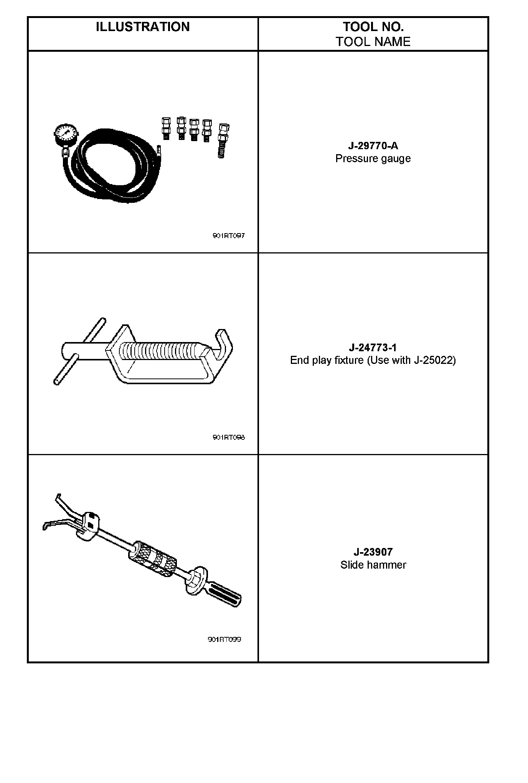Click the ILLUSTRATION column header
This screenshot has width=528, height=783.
tap(143, 27)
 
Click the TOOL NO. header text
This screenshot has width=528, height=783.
tap(373, 27)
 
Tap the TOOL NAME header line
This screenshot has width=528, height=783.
tap(373, 41)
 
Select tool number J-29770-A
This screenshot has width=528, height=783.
tap(373, 146)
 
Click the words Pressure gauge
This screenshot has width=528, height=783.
tap(373, 159)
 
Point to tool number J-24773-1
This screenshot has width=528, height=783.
tap(373, 347)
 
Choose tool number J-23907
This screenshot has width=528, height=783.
tap(373, 552)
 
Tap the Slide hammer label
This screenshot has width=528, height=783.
tap(373, 565)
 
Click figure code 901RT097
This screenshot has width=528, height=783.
tap(229, 235)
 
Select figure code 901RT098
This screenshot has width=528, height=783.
tap(229, 437)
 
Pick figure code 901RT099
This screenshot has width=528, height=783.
tap(224, 639)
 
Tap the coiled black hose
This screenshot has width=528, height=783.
tap(111, 188)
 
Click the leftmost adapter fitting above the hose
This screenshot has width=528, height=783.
tap(166, 128)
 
